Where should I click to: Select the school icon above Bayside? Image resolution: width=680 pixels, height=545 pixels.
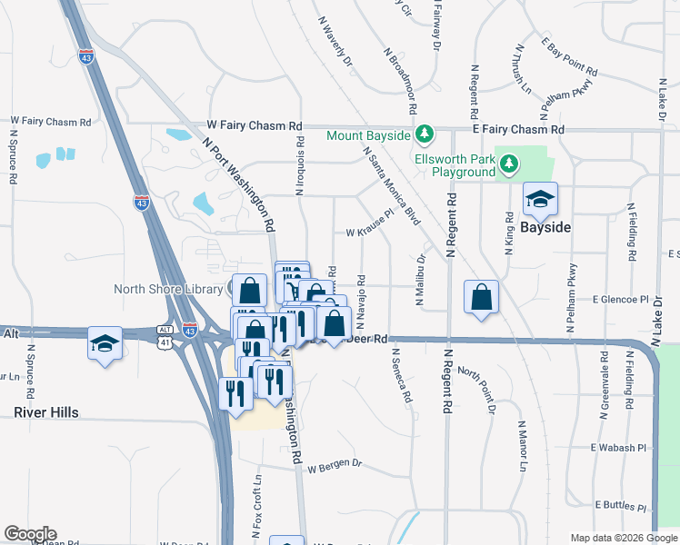[540, 200]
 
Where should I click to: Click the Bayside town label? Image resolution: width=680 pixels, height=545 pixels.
[545, 227]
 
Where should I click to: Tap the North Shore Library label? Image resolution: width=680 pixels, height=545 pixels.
[167, 289]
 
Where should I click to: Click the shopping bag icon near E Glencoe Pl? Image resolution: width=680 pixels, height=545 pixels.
[481, 297]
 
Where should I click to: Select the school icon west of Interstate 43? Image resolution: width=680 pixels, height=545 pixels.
[105, 343]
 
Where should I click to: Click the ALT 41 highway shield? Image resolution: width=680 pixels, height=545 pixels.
[164, 335]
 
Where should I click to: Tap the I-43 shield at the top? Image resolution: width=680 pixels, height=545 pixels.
[86, 55]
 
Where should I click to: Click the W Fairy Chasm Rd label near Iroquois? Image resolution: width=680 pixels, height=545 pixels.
[254, 125]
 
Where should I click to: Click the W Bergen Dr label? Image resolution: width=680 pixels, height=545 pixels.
[335, 467]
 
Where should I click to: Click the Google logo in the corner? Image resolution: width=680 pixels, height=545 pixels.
[30, 534]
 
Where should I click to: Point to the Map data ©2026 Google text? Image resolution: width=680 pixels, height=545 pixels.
[623, 538]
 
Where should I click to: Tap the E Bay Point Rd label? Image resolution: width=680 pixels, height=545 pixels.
[569, 56]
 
